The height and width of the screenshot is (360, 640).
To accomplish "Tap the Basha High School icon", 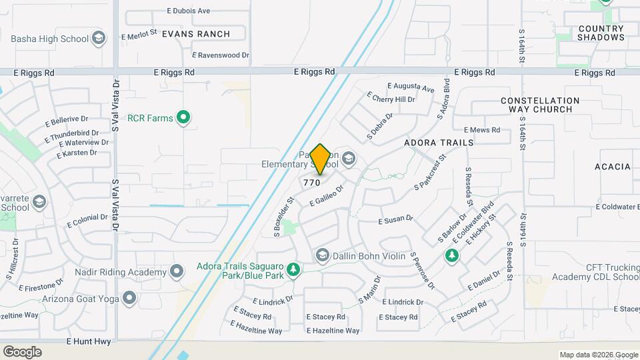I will point(99,38).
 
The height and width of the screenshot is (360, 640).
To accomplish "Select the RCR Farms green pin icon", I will point(184,119).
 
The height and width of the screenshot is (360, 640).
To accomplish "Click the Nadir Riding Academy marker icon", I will point(177,272).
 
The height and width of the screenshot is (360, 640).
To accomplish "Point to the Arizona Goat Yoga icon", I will point(129,299).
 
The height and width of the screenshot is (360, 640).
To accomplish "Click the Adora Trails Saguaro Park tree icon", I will point(294,271).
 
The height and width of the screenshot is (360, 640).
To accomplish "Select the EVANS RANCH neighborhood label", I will point(195,34).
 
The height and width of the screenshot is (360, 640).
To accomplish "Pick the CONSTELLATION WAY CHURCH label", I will point(540,105).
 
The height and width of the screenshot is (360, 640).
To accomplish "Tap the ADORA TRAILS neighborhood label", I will point(439,143).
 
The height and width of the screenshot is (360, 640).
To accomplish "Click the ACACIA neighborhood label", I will point(612,167).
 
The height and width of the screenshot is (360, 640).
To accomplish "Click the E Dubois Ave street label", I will point(189,11).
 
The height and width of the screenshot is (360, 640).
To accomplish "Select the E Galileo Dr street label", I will point(326,195).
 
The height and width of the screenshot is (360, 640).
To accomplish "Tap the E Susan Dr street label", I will point(396,219).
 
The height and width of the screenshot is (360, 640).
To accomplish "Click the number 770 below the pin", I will point(312,183).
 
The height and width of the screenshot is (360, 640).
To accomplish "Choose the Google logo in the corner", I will point(22,352).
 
